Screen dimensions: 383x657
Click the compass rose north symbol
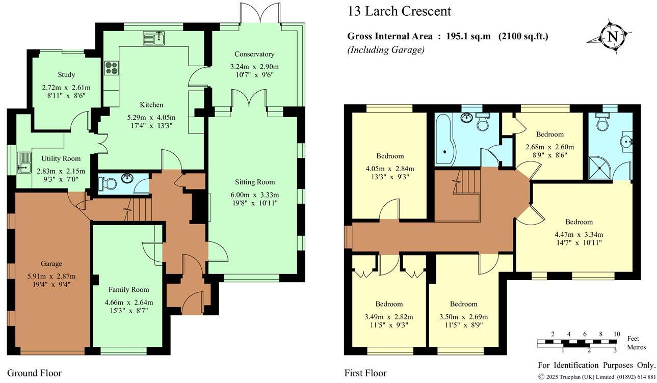pos(613,36)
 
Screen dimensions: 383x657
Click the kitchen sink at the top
pos(154,38)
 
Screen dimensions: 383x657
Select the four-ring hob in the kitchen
pos(111,68)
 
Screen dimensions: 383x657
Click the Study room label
pos(66,75)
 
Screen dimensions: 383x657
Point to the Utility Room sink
pos(24,160)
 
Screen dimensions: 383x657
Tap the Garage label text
pos(51,263)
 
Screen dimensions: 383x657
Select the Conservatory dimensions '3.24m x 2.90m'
pos(254,67)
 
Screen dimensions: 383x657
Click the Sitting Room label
pos(255,182)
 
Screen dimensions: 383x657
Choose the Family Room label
pos(128,289)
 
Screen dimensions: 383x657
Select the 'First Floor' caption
pos(365,373)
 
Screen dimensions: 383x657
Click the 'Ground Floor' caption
pos(35,373)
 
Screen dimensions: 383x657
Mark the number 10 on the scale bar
pos(616,334)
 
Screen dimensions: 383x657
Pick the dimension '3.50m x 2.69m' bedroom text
pos(463,316)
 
